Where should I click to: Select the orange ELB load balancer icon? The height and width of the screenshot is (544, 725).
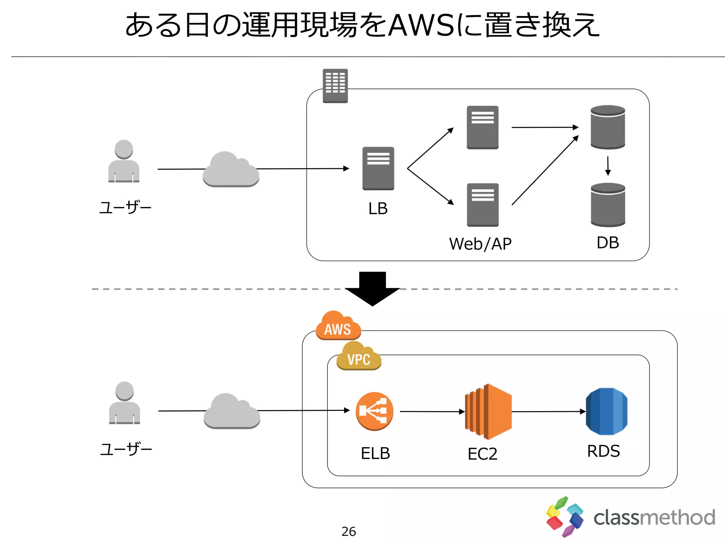(x=375, y=411)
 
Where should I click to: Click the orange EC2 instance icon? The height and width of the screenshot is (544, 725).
(x=488, y=412)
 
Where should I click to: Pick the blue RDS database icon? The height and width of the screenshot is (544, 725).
(x=606, y=412)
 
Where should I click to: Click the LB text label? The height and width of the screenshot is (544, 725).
(x=378, y=209)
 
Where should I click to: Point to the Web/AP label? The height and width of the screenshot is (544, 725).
(x=480, y=244)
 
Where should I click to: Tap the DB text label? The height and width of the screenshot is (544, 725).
(x=607, y=243)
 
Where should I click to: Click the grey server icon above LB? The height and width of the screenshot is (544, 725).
(x=378, y=169)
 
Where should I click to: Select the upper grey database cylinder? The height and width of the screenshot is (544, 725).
(x=607, y=127)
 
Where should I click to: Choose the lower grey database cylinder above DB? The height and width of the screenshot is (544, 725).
(x=608, y=205)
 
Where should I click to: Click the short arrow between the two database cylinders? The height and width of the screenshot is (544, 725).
(x=608, y=166)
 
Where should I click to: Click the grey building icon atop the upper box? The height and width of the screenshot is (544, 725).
(x=335, y=86)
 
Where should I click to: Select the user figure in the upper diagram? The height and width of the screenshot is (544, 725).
(x=124, y=161)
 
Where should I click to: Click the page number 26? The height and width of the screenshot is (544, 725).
(x=348, y=531)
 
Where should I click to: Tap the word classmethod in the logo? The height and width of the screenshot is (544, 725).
(x=654, y=517)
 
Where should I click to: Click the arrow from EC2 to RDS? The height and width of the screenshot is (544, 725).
(x=548, y=412)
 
